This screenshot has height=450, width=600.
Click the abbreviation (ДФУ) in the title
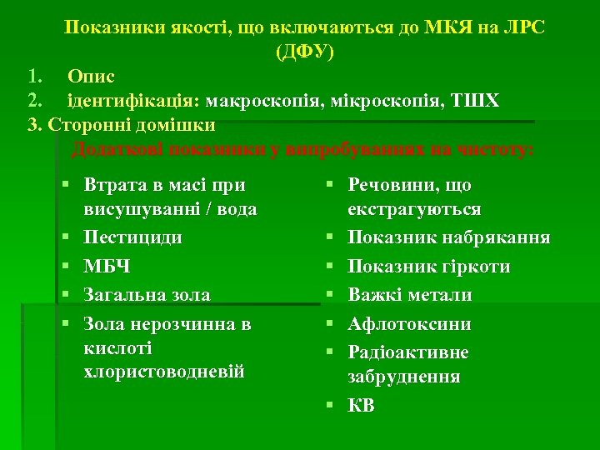tap(304, 52)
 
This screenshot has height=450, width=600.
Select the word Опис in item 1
tap(92, 77)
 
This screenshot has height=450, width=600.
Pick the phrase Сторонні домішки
tap(132, 125)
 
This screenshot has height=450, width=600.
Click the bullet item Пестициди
tap(133, 237)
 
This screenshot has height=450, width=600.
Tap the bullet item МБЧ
tap(107, 267)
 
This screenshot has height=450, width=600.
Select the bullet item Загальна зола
tap(147, 295)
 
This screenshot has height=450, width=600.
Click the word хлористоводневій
tap(165, 372)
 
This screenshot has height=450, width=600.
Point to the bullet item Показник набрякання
tap(448, 237)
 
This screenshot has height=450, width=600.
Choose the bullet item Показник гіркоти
tap(429, 267)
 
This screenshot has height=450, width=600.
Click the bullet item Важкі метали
tap(410, 295)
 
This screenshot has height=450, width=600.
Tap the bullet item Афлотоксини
tap(409, 324)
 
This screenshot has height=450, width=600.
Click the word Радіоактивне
tap(408, 352)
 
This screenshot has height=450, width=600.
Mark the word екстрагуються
tap(414, 209)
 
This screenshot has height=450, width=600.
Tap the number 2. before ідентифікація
tap(34, 101)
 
